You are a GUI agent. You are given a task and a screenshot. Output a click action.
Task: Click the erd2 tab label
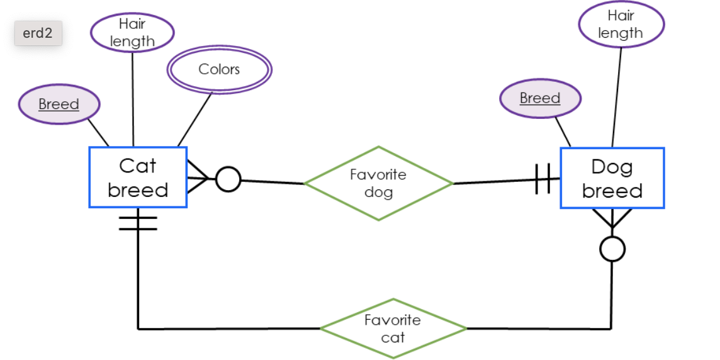[38, 33]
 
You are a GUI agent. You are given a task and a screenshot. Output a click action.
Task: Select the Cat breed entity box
[138, 177]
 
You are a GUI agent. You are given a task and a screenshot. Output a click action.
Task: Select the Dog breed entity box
[612, 178]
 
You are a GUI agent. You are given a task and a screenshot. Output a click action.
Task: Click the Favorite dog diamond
[378, 183]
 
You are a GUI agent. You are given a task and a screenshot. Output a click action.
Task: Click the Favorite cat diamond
[393, 328]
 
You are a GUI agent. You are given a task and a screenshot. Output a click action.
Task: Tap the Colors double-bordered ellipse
[219, 69]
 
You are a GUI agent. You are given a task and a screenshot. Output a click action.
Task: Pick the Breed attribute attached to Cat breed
[59, 104]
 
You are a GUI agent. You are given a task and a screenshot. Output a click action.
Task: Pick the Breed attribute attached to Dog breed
[540, 98]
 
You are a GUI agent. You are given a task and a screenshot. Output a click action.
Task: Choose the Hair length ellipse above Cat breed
[132, 33]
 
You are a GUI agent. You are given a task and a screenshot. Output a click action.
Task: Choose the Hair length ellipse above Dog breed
[621, 25]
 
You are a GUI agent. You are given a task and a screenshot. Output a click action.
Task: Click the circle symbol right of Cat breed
[228, 179]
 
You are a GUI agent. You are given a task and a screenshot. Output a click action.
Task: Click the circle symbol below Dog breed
[612, 249]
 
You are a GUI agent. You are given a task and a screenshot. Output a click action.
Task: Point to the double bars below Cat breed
[138, 223]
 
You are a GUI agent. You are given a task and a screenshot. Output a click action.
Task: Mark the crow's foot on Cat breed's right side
[198, 179]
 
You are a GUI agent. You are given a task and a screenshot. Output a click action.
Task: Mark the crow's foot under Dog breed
[612, 218]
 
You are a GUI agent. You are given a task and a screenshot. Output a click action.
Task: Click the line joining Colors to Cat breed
[195, 119]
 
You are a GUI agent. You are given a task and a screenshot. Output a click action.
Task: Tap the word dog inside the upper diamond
[378, 192]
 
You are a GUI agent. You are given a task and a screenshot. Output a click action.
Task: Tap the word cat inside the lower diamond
[393, 337]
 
